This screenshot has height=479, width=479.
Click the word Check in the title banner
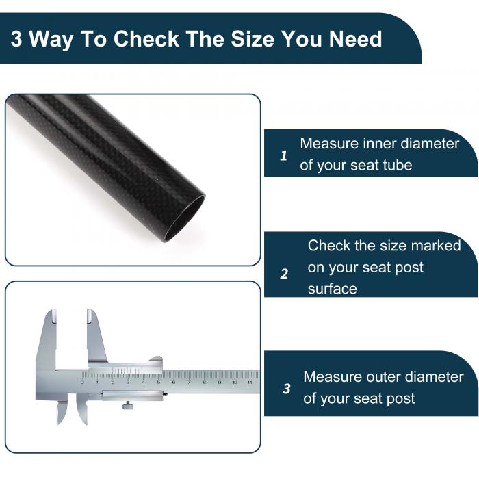(146, 39)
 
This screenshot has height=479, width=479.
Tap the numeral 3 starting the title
(16, 39)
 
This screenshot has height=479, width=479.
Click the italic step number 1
(283, 156)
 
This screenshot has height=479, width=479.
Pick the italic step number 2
(284, 274)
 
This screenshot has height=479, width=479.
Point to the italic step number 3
(287, 389)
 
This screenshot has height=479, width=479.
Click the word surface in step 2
(333, 289)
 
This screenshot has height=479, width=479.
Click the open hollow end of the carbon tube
(184, 219)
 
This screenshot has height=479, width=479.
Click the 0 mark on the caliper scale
(82, 382)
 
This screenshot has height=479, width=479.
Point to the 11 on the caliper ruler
(250, 382)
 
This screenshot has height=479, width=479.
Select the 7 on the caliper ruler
(189, 382)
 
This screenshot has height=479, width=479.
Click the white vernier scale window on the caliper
(127, 371)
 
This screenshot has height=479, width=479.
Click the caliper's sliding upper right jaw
(96, 336)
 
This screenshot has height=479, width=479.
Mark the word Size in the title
(253, 39)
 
